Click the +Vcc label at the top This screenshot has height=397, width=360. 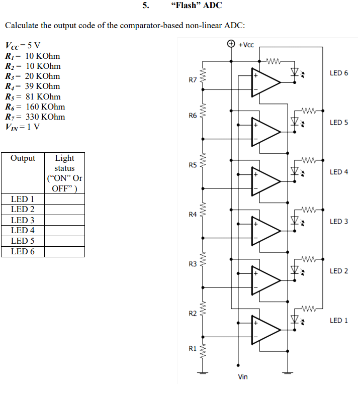pos(246,45)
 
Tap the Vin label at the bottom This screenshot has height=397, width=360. pos(242,376)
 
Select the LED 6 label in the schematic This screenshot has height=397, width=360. pos(338,73)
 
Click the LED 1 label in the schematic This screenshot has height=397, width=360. pos(338,320)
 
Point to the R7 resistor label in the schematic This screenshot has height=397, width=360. pos(193,79)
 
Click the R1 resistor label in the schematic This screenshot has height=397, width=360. pos(193,348)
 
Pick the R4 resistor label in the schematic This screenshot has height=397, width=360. pos(193,215)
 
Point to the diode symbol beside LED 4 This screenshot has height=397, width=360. pos(294,172)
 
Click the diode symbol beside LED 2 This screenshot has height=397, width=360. pos(294,271)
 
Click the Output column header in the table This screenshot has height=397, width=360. pos(23,158)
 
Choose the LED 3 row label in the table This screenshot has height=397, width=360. pos(23,220)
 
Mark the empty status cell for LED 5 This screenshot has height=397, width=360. pos(64,241)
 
